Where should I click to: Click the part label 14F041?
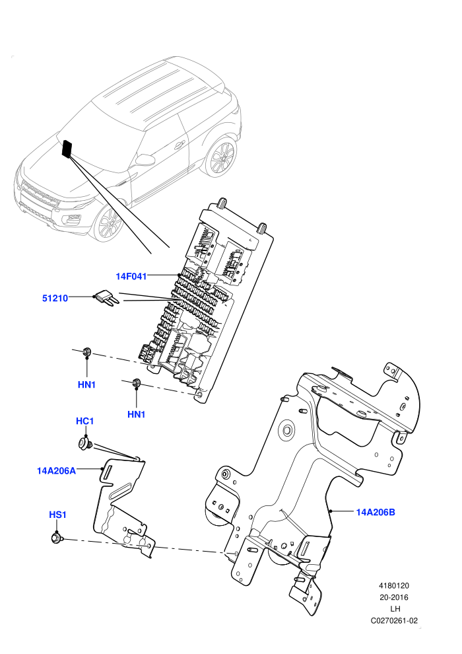[131, 276]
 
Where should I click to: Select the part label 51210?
[55, 298]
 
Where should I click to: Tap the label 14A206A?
[56, 471]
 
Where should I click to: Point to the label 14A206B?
[376, 512]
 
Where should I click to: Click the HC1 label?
[84, 421]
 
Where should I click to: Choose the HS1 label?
[57, 515]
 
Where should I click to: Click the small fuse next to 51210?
[108, 299]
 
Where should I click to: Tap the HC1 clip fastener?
[85, 443]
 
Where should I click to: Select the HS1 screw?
[56, 538]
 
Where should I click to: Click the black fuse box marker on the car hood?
[67, 149]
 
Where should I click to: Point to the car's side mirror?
[145, 160]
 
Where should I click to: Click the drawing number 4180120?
[393, 585]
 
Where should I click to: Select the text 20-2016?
[393, 597]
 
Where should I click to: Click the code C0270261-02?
[393, 620]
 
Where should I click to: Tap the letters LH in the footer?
[395, 609]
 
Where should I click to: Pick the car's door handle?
[180, 145]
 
